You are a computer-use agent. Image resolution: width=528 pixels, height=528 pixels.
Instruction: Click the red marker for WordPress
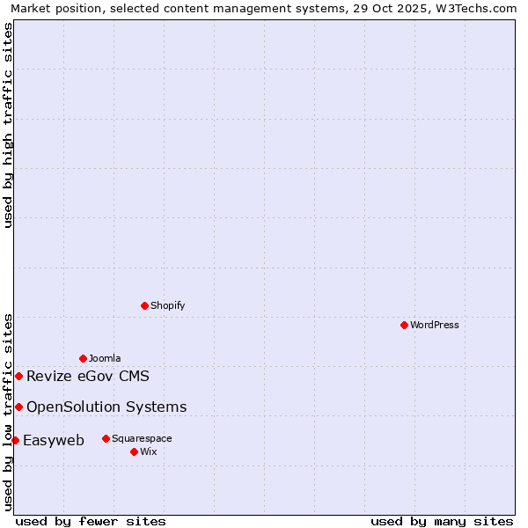click(x=404, y=325)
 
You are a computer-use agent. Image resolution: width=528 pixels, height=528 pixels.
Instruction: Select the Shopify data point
click(x=145, y=305)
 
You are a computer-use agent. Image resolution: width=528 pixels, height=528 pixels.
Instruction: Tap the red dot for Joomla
click(x=83, y=358)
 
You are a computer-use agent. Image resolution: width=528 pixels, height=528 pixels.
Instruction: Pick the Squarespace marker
click(x=106, y=438)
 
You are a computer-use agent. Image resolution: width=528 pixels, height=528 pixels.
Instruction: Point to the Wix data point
click(x=134, y=451)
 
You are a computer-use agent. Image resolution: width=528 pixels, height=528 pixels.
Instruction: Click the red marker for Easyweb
click(x=15, y=440)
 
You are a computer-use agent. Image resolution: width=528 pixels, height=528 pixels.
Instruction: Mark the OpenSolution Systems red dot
click(x=18, y=407)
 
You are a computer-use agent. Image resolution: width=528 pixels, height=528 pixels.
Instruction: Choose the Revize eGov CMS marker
click(x=18, y=376)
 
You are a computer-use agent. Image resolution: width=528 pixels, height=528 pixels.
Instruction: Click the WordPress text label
click(x=435, y=325)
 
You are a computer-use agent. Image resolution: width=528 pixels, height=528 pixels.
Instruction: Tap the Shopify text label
click(x=167, y=305)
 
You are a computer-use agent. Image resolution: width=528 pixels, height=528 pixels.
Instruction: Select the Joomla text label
click(x=105, y=358)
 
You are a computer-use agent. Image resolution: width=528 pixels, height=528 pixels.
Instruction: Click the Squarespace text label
click(x=142, y=438)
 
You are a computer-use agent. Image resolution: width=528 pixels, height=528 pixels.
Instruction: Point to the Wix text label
click(x=148, y=451)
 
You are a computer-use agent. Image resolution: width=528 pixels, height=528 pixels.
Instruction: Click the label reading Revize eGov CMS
click(x=88, y=377)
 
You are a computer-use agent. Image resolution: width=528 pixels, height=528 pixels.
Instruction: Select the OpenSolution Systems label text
click(x=106, y=407)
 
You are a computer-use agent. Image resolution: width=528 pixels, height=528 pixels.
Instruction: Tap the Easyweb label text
click(x=54, y=441)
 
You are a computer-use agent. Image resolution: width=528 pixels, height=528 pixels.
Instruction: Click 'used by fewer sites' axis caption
click(x=91, y=521)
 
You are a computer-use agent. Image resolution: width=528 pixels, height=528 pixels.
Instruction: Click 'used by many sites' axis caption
click(x=442, y=521)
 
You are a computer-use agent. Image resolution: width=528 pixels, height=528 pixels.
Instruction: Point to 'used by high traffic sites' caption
click(x=8, y=125)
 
